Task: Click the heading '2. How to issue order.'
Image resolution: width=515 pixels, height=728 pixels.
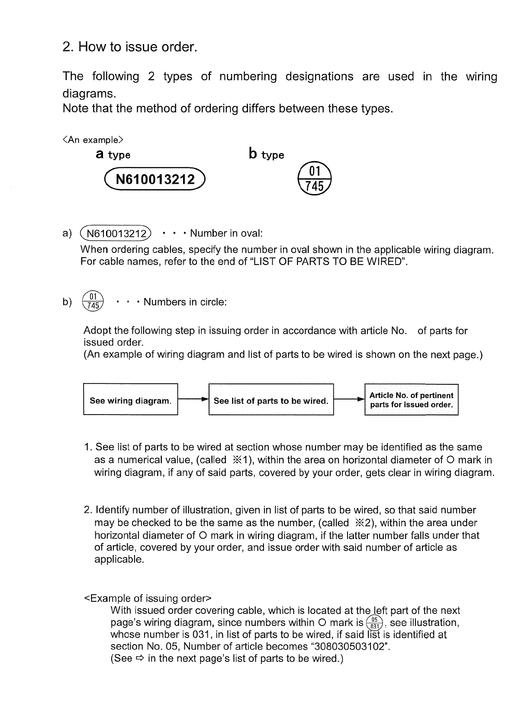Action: tap(130, 47)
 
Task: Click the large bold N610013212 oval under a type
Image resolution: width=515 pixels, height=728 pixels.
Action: tap(155, 179)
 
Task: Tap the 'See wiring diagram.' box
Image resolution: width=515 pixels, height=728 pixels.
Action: tap(130, 401)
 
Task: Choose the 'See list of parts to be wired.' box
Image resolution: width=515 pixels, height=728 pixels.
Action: tap(271, 401)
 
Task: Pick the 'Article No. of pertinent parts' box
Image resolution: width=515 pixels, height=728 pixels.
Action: tap(411, 400)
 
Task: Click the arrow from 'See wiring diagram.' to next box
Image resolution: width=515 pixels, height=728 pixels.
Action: tap(193, 400)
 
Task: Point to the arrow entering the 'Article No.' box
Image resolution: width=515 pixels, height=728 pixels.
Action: tap(349, 400)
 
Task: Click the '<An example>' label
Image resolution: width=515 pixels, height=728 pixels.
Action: tap(93, 140)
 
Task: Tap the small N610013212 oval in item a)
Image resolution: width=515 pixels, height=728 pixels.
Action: tap(116, 234)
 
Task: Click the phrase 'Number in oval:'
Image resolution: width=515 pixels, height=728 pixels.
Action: tap(226, 234)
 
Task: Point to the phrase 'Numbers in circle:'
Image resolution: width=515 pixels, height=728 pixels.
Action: tap(185, 302)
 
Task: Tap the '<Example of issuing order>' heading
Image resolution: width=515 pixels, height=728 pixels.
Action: tap(147, 598)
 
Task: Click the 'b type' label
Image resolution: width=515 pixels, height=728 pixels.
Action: tap(266, 154)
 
